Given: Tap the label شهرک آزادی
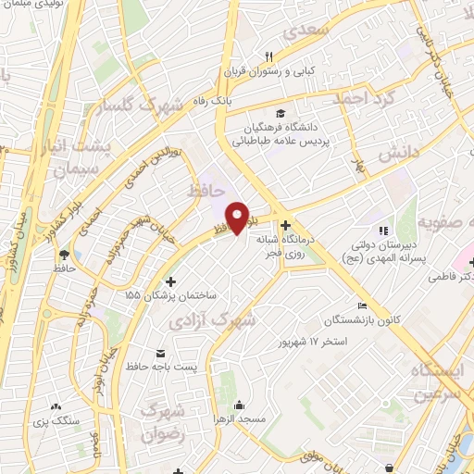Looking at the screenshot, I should pyautogui.click(x=207, y=320).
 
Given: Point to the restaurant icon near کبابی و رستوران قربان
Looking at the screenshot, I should pyautogui.click(x=268, y=56).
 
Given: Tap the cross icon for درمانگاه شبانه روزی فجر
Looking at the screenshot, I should pyautogui.click(x=285, y=225).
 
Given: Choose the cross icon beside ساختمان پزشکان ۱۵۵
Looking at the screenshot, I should pyautogui.click(x=169, y=281).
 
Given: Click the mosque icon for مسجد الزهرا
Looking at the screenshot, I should pyautogui.click(x=240, y=405).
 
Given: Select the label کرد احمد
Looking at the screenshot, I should pyautogui.click(x=364, y=98).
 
